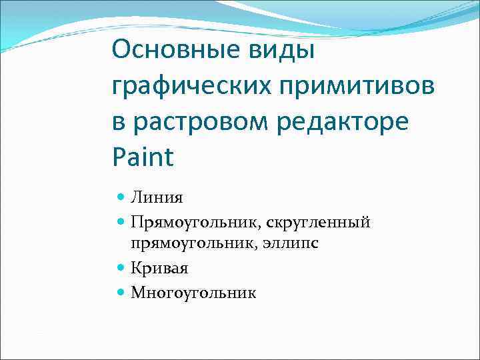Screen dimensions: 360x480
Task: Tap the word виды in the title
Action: tap(281, 50)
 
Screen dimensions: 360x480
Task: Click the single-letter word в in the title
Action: tap(119, 123)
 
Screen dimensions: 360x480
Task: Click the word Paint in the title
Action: tap(143, 157)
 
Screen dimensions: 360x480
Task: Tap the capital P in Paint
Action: tap(120, 157)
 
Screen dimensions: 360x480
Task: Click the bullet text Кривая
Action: tap(159, 268)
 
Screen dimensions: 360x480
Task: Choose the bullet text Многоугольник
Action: tap(193, 292)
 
